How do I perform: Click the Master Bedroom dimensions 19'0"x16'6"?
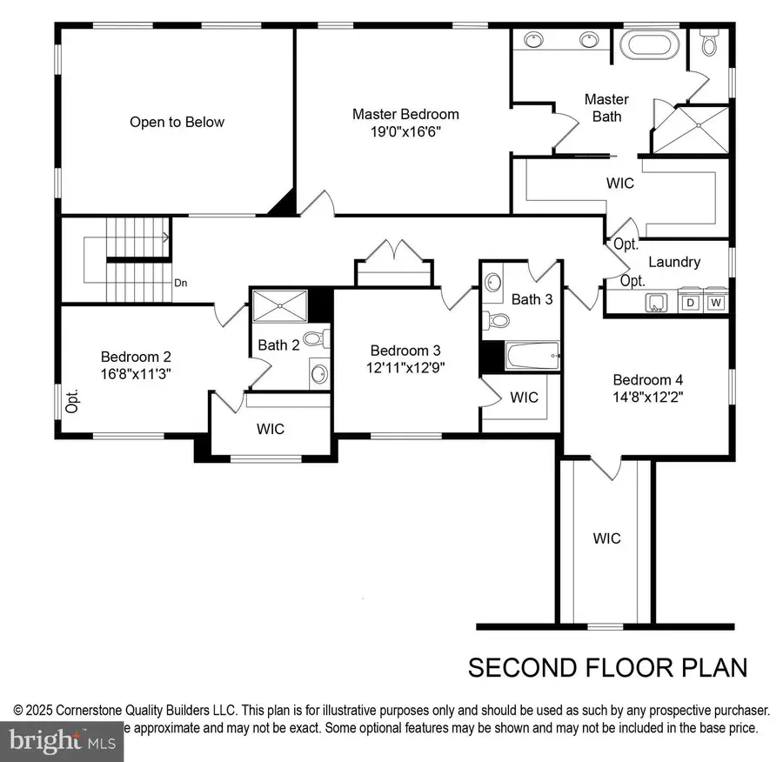[405, 131]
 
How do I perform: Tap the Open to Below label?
[177, 122]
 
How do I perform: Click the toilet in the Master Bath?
[709, 42]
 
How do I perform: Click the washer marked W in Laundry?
[716, 303]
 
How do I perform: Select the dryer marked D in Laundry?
[691, 303]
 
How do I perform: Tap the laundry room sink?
[653, 302]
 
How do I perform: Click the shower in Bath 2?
[279, 306]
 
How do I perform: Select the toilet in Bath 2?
[315, 339]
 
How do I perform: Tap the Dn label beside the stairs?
[181, 283]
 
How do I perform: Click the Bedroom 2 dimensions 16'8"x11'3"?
[136, 373]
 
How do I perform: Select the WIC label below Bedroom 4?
[606, 538]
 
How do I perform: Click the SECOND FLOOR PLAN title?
[607, 667]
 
